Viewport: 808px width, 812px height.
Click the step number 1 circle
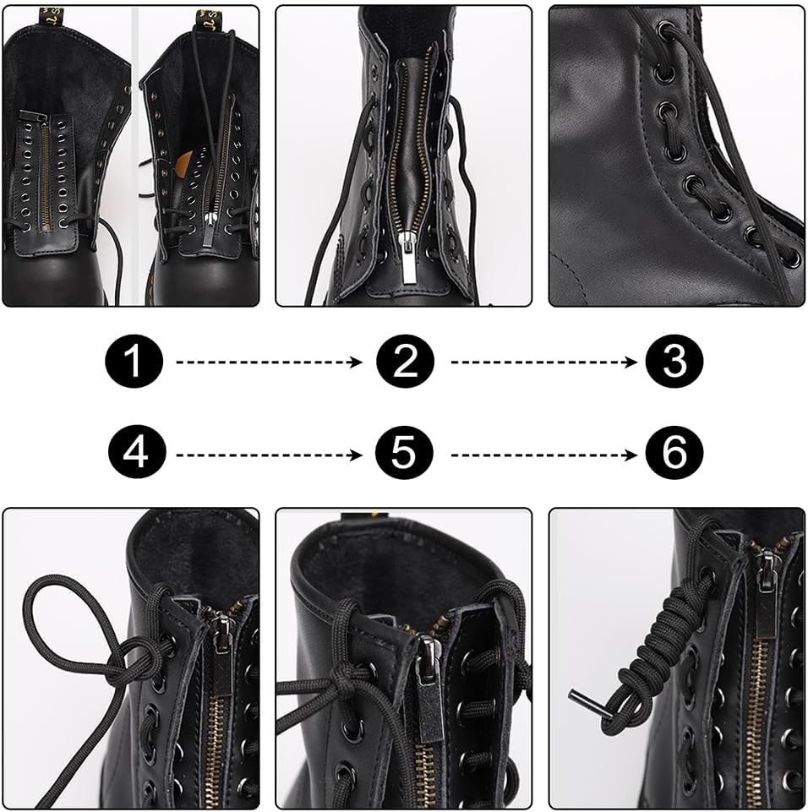pyautogui.click(x=134, y=362)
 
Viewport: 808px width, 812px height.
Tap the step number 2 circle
pyautogui.click(x=405, y=362)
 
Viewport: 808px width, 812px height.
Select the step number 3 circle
pyautogui.click(x=674, y=362)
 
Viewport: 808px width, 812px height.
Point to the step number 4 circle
pyautogui.click(x=134, y=454)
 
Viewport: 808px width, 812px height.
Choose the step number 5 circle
pyautogui.click(x=405, y=454)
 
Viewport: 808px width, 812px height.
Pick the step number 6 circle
pyautogui.click(x=674, y=454)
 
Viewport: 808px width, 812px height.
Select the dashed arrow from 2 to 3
pyautogui.click(x=543, y=362)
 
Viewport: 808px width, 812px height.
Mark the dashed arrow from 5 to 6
pyautogui.click(x=543, y=455)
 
